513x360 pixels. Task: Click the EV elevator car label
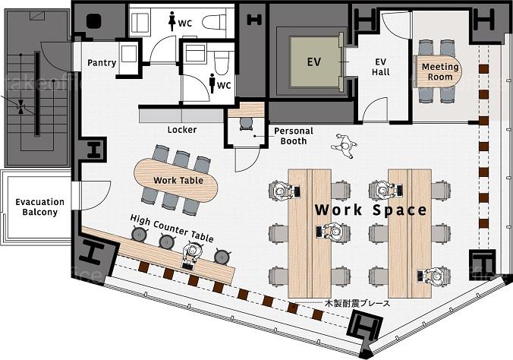coord(314,62)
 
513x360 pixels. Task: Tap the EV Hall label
coord(380,67)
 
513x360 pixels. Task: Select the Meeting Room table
coord(438,71)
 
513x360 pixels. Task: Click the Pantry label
coord(102,62)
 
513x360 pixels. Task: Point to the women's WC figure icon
coord(172,21)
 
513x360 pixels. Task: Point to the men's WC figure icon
coord(212,84)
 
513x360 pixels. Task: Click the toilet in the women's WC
coord(214,23)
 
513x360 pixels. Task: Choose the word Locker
coord(182,130)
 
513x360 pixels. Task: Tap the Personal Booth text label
coord(294,136)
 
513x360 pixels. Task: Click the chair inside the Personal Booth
coord(246,123)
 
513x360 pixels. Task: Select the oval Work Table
coord(175,181)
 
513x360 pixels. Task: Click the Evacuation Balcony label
coord(39,207)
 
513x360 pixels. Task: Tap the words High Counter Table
coord(172,228)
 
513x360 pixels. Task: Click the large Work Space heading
coord(370,210)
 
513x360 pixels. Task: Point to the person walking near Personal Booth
coord(344,146)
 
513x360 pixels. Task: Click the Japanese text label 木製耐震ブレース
coord(357,303)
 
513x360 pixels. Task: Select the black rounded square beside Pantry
coord(94,21)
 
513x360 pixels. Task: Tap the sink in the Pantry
coord(129,54)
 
